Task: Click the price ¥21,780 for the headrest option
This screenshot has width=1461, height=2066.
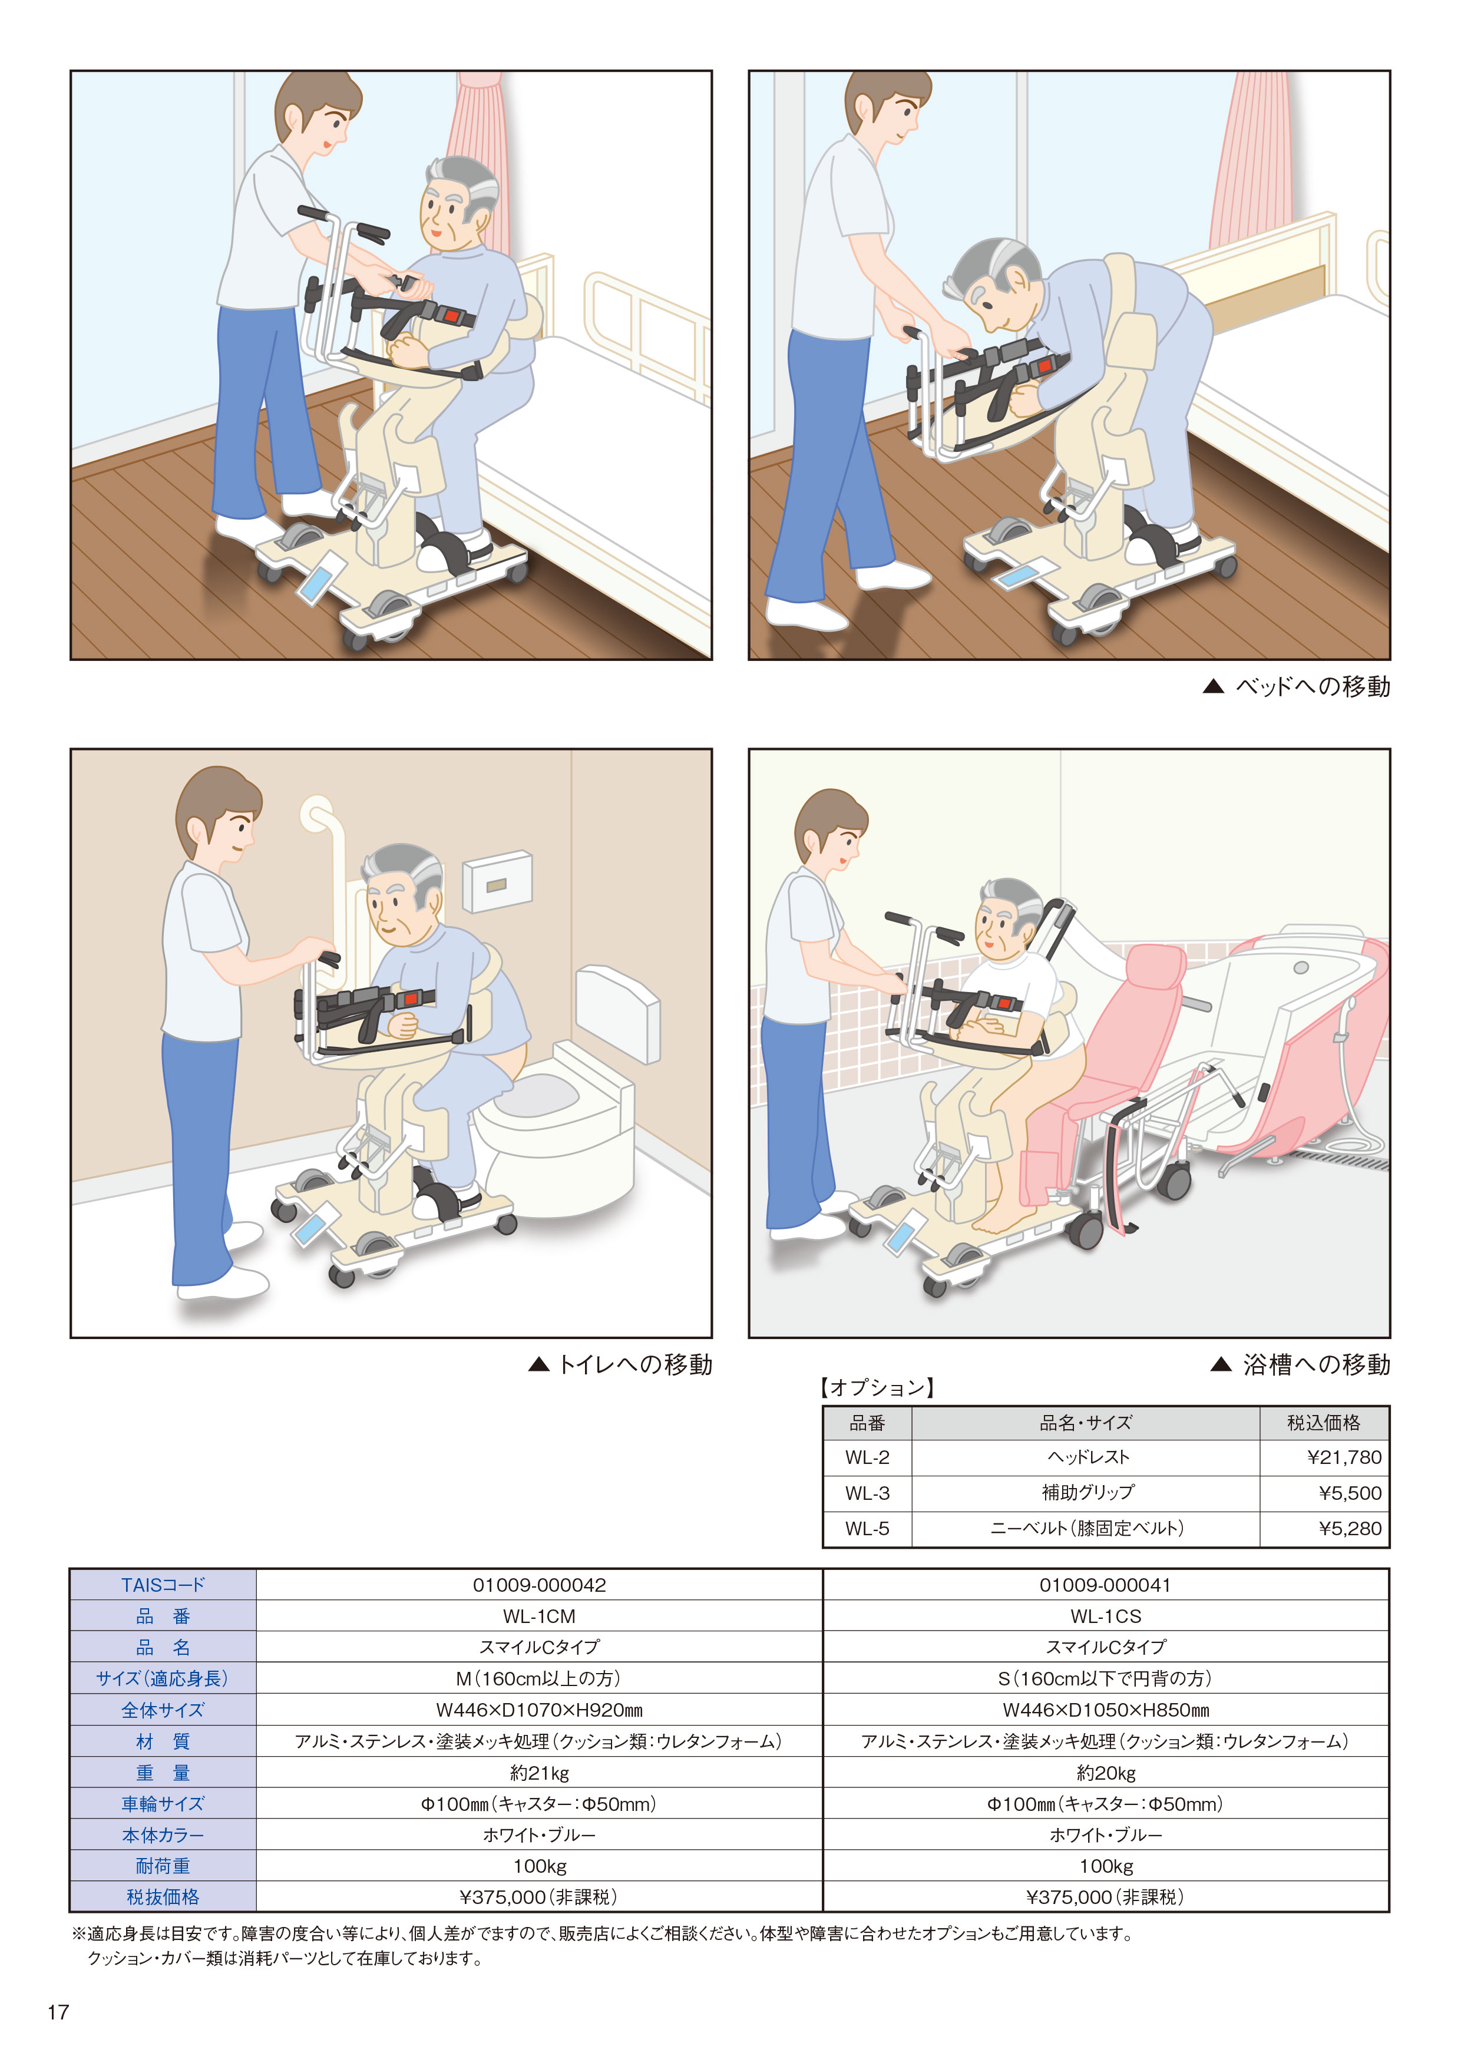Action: click(1344, 1457)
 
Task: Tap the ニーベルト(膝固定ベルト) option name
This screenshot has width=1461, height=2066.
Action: click(1087, 1528)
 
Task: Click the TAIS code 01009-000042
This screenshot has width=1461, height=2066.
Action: click(539, 1585)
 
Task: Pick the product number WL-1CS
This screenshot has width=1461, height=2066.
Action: click(1106, 1616)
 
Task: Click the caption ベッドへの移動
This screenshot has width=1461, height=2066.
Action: click(1313, 686)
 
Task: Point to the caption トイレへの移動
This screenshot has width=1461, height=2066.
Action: click(634, 1364)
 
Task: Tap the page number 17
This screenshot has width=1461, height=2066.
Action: click(58, 2012)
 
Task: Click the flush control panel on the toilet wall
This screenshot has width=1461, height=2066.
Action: click(497, 882)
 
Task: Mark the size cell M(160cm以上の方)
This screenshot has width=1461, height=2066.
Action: click(539, 1678)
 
